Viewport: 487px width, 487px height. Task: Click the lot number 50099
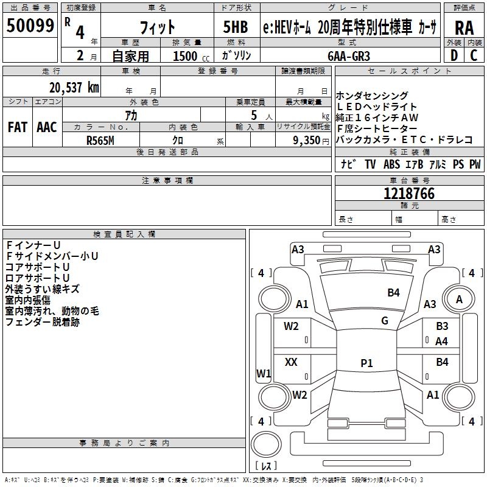30,26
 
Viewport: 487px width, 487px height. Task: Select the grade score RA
464,27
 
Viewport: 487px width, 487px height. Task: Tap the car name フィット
158,27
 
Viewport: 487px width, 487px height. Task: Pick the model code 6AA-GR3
348,55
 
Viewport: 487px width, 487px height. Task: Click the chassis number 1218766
409,194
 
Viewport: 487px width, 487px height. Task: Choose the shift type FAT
17,127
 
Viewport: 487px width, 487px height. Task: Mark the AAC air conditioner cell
46,127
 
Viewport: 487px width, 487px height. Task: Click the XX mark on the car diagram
291,362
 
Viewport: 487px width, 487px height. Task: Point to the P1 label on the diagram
366,363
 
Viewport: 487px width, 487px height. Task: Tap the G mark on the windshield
385,321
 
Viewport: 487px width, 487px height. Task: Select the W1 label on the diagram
264,373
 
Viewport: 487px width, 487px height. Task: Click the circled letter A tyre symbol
459,299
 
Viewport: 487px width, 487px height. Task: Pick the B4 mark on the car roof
393,293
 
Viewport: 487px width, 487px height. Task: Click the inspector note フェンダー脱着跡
43,322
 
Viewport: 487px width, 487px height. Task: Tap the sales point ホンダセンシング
372,96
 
